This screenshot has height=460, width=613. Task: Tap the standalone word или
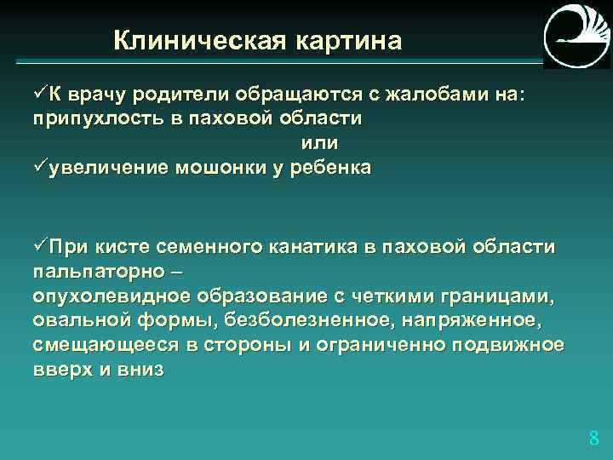click(319, 143)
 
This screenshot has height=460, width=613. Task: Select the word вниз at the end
click(137, 371)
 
